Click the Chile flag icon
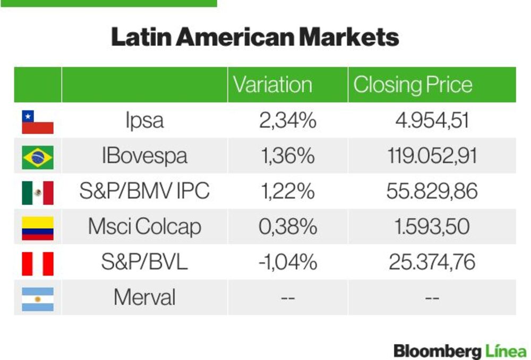click(x=38, y=122)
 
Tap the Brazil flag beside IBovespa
click(x=38, y=157)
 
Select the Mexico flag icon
click(x=38, y=193)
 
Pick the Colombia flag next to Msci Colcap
click(x=38, y=228)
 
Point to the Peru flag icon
click(x=38, y=263)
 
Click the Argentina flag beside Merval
click(x=38, y=299)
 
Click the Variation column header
click(x=272, y=84)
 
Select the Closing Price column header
click(x=413, y=84)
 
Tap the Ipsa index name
click(x=144, y=121)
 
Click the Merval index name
click(x=144, y=297)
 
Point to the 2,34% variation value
click(x=287, y=120)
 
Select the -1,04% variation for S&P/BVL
click(x=287, y=262)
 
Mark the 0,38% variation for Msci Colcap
click(x=287, y=226)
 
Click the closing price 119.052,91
click(x=432, y=156)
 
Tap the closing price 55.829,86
click(x=432, y=191)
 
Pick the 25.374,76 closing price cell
click(x=432, y=262)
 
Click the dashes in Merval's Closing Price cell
click(x=432, y=298)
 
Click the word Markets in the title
click(x=349, y=37)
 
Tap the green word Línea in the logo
click(x=507, y=352)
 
